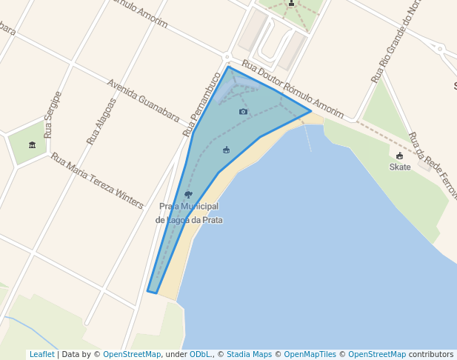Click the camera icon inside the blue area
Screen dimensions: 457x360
(x=244, y=112)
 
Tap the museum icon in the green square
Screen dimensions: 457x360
(x=32, y=144)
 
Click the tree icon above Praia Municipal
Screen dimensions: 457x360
(x=188, y=194)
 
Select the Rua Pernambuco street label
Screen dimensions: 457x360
(x=202, y=103)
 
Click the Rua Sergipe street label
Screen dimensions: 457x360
(x=52, y=115)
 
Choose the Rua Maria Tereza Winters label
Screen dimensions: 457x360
(x=97, y=181)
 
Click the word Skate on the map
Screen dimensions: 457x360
(x=400, y=167)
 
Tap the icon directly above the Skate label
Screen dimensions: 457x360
(x=400, y=156)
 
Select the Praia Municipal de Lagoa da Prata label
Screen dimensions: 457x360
(x=190, y=213)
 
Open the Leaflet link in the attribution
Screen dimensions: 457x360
(x=41, y=355)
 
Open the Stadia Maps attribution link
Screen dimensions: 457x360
(x=249, y=355)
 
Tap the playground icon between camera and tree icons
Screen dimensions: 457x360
(x=227, y=150)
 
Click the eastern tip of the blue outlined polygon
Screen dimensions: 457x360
(x=311, y=112)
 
